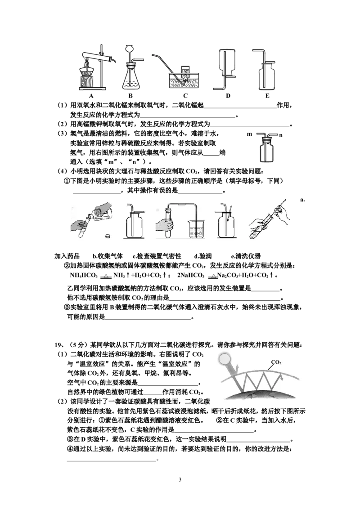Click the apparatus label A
[x=91, y=96]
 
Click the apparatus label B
[x=130, y=96]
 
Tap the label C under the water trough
[x=185, y=96]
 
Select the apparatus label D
[x=228, y=96]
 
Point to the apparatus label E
[x=267, y=96]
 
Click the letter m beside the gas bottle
[x=249, y=134]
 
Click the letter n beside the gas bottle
[x=280, y=135]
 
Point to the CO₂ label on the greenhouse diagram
[x=276, y=362]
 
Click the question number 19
[x=58, y=345]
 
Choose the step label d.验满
[x=203, y=256]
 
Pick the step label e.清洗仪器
[x=246, y=256]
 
